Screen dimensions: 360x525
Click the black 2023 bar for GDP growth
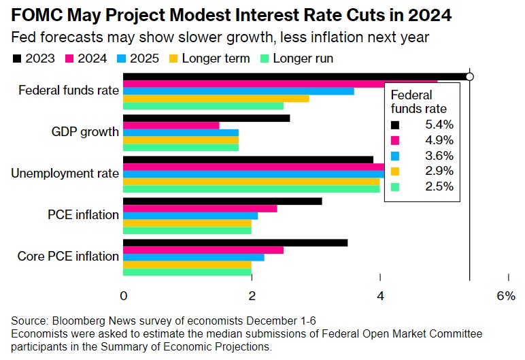coord(206,118)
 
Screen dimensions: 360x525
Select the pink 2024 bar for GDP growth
coord(171,125)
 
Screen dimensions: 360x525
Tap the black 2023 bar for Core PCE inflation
coord(235,243)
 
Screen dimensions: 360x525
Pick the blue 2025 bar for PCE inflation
coord(190,216)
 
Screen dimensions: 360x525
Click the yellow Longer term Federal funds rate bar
coord(216,98)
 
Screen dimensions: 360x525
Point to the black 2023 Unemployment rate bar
coord(248,159)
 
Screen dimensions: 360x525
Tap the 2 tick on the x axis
coord(252,296)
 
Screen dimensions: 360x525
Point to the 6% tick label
coord(506,296)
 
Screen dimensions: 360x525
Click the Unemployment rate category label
coord(65,173)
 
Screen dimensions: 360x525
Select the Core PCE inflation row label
coord(67,257)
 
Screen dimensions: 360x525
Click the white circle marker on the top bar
coord(469,76)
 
